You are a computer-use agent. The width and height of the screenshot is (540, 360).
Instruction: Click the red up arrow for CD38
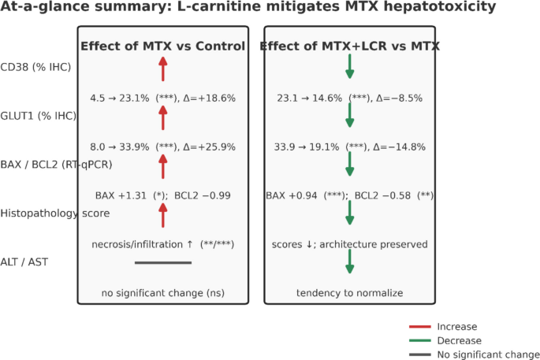[x=163, y=69]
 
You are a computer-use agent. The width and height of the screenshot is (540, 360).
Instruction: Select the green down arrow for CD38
[x=349, y=66]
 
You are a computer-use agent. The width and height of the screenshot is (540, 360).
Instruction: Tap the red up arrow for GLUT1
[x=163, y=117]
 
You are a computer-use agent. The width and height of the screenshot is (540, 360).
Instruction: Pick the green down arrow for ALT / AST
[x=349, y=262]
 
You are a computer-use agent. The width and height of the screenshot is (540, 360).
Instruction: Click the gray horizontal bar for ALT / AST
[x=163, y=262]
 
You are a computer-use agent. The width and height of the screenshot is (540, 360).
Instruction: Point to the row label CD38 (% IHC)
[x=35, y=67]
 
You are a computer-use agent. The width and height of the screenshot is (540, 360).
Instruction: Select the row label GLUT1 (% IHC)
[x=38, y=116]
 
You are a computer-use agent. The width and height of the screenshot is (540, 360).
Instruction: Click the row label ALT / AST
[x=24, y=262]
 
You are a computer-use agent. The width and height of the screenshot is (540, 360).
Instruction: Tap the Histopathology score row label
[x=54, y=213]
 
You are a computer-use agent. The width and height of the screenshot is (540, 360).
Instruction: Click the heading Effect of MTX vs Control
[x=163, y=46]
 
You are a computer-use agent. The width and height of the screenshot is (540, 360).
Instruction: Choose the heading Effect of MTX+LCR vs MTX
[x=349, y=46]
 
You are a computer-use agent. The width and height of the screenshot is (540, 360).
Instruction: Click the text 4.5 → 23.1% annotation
[x=120, y=98]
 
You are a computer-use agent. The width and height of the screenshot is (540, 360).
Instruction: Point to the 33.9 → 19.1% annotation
[x=307, y=147]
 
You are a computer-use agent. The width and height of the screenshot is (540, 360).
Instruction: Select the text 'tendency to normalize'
[x=349, y=293]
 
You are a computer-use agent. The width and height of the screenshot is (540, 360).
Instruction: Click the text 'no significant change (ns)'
[x=163, y=293]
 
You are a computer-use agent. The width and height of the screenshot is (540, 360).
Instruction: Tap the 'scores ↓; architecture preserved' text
[x=349, y=244]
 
